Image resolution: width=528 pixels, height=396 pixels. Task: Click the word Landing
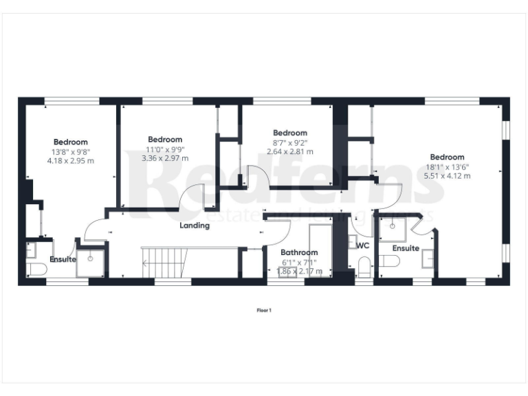point(195,225)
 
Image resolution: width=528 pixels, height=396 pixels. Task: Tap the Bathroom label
point(300,252)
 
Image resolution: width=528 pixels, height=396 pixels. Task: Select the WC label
point(364,244)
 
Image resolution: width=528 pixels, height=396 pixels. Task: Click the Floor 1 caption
point(264,310)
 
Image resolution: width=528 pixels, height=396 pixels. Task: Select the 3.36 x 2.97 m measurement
point(165,157)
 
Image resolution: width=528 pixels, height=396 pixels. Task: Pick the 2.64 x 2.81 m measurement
point(289,151)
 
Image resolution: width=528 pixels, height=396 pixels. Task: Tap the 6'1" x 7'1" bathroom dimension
point(299,262)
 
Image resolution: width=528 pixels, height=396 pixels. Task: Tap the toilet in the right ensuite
point(390,261)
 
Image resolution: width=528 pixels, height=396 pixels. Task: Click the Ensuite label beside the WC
point(406,247)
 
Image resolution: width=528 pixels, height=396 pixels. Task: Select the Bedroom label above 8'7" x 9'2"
point(290,133)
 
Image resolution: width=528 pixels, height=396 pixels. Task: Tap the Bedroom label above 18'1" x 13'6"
point(448,157)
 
